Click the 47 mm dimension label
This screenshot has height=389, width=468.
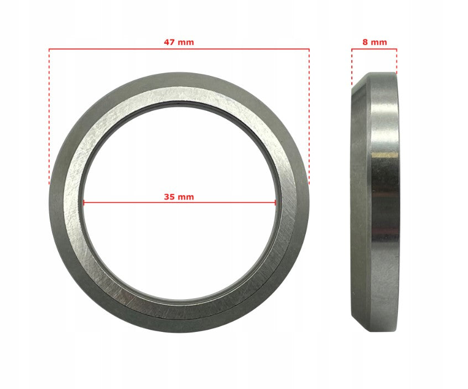click(179, 42)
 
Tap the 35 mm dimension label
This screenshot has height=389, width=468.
click(179, 197)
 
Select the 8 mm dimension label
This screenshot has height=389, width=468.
click(375, 42)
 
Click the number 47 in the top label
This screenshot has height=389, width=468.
click(169, 42)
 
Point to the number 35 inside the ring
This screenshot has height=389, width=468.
click(169, 197)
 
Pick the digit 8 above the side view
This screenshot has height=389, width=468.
click(365, 42)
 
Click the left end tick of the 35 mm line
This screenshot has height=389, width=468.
click(84, 203)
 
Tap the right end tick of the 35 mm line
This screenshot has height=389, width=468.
click(275, 203)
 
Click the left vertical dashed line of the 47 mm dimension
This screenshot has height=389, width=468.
click(49, 116)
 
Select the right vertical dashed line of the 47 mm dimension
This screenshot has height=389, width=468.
click(309, 116)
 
